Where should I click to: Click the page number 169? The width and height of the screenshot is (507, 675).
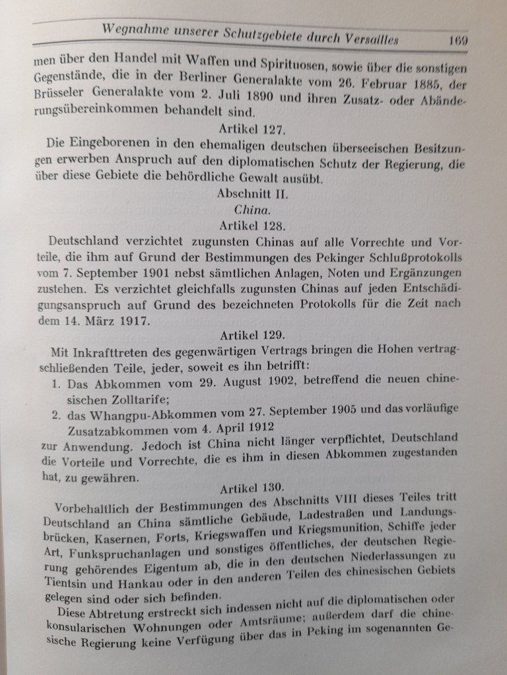(x=456, y=39)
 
